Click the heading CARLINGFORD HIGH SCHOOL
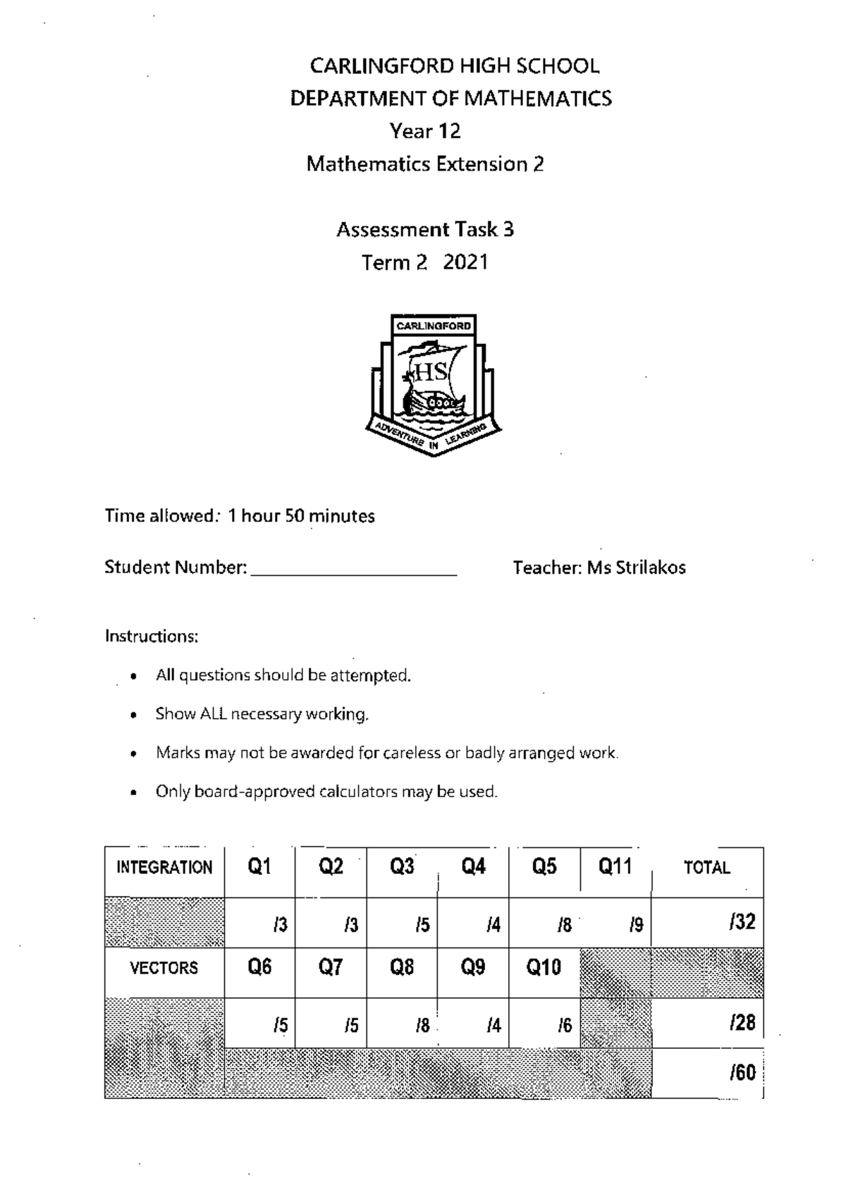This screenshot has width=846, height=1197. (x=455, y=66)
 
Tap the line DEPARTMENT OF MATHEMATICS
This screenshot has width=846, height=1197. (x=451, y=99)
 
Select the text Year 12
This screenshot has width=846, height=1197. (x=425, y=131)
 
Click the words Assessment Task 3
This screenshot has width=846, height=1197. (x=425, y=230)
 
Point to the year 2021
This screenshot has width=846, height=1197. (x=465, y=262)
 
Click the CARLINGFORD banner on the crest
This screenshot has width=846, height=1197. (x=434, y=326)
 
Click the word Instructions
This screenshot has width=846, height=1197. (x=152, y=637)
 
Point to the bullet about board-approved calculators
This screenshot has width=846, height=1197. (x=326, y=792)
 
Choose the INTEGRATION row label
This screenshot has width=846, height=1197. (x=164, y=868)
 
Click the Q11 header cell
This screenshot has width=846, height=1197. (x=615, y=866)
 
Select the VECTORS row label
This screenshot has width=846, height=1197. (x=164, y=968)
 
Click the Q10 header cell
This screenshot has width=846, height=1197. (x=544, y=967)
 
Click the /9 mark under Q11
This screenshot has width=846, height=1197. (x=636, y=925)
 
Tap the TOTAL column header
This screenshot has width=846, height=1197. (x=706, y=868)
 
